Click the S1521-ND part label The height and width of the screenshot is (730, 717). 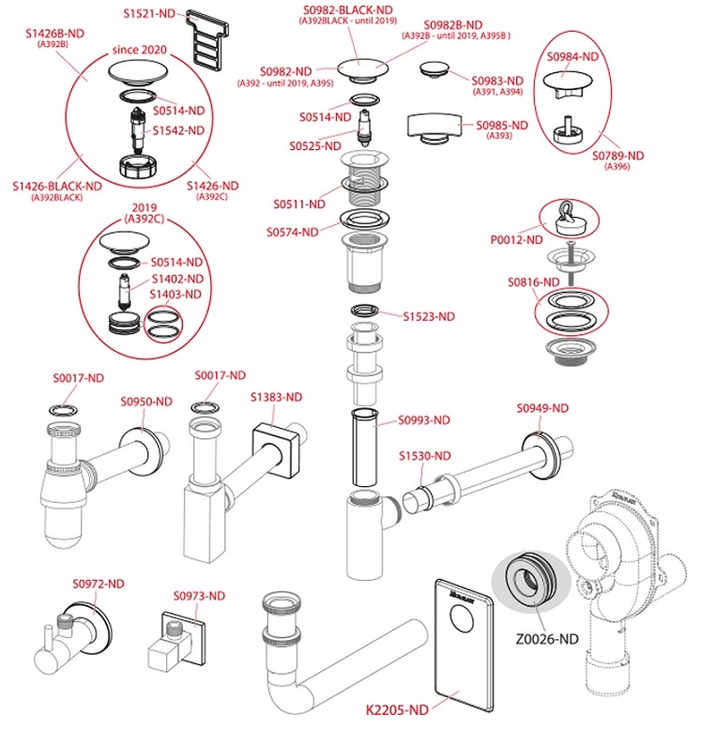pyautogui.click(x=151, y=14)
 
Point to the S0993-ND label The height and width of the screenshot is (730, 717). pyautogui.click(x=424, y=419)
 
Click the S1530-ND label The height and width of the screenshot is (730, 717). pyautogui.click(x=424, y=456)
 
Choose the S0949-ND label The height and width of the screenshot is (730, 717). pyautogui.click(x=542, y=408)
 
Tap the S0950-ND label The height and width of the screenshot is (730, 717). pyautogui.click(x=146, y=402)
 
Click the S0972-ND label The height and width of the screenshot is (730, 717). pyautogui.click(x=98, y=583)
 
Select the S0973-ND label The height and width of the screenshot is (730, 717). pyautogui.click(x=199, y=595)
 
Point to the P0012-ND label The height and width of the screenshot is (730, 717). pyautogui.click(x=516, y=240)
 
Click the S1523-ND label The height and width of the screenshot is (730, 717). pyautogui.click(x=428, y=316)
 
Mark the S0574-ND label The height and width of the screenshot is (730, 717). pyautogui.click(x=292, y=231)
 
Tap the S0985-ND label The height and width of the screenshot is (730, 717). pyautogui.click(x=501, y=125)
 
